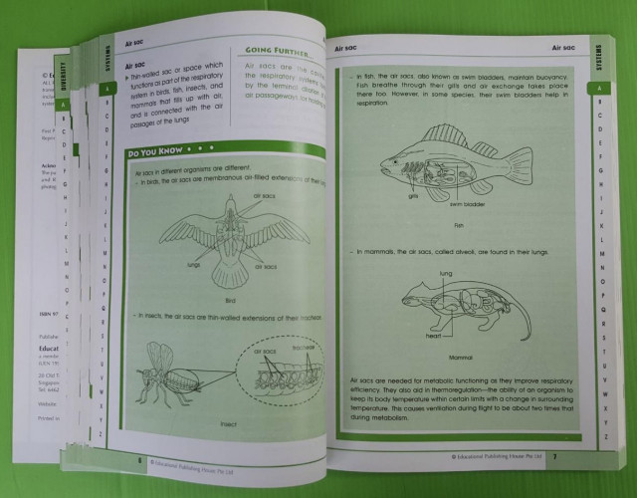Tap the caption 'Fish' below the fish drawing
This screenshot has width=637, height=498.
click(459, 225)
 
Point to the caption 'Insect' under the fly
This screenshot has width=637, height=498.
click(228, 422)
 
